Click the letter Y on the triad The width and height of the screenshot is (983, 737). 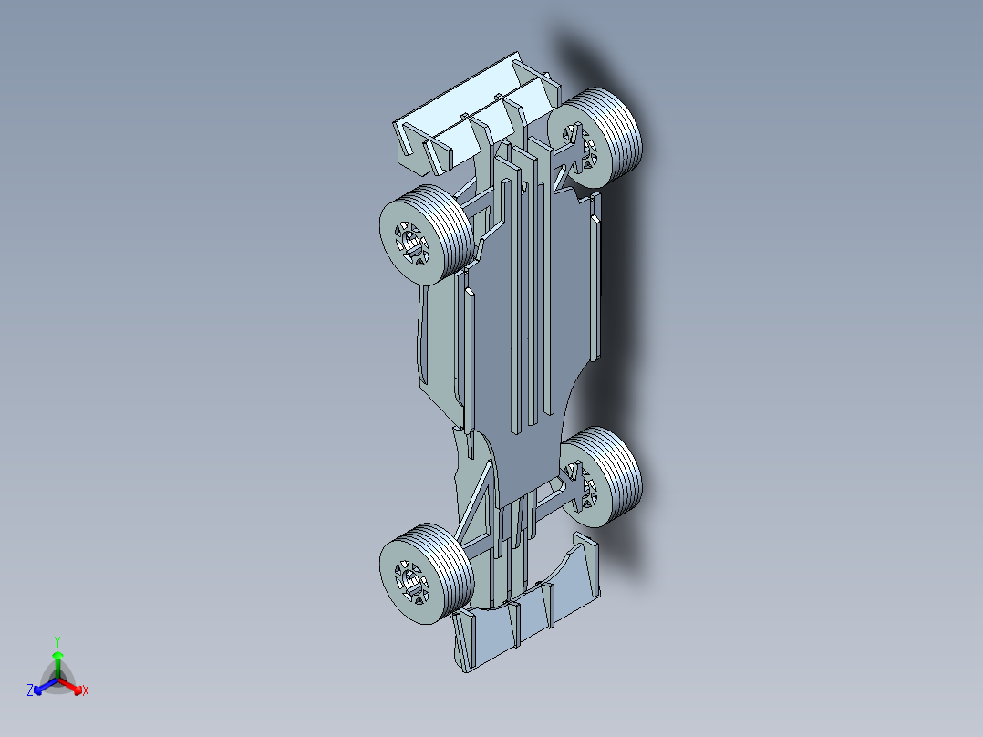57,641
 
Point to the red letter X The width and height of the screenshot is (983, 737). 86,691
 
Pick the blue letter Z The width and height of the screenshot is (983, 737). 30,691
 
